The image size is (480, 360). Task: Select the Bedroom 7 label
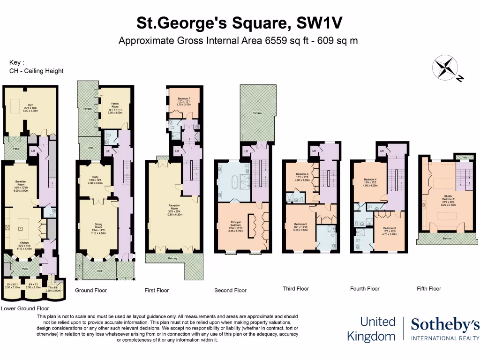(x=183, y=98)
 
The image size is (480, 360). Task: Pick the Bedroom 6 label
(x=301, y=174)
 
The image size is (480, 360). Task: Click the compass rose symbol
(x=445, y=68)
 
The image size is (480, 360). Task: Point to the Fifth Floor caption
(x=429, y=289)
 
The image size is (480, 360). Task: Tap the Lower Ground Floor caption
(x=25, y=309)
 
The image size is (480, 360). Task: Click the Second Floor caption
(x=230, y=291)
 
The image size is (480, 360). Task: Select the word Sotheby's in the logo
(x=445, y=324)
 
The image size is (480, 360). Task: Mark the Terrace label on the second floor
(x=256, y=113)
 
